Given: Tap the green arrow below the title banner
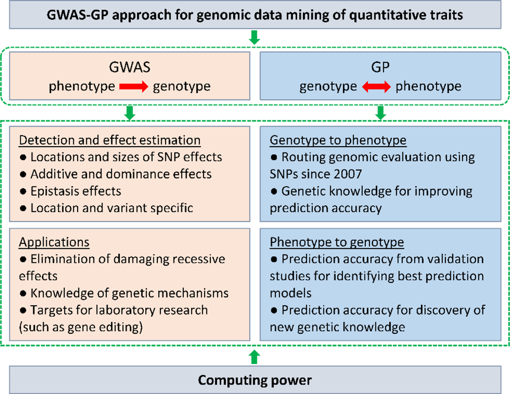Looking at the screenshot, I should click(255, 36).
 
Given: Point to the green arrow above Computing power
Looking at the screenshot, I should click(255, 357).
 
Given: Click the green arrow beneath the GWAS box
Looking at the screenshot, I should click(129, 113).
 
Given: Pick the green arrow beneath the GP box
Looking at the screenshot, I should click(381, 113).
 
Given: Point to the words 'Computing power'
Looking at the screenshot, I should click(255, 379).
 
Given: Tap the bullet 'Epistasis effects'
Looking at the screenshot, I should click(75, 191).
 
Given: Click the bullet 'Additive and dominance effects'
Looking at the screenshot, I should click(116, 174).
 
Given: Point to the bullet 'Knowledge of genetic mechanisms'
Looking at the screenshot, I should click(124, 293).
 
